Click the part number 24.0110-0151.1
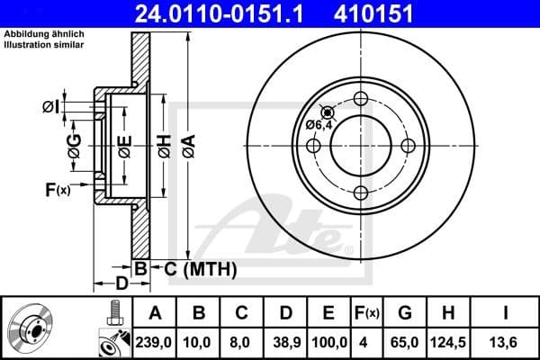point(220,13)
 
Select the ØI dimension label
point(51,108)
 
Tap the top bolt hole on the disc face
point(362,99)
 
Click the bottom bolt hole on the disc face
point(362,193)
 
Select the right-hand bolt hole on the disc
point(409,146)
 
